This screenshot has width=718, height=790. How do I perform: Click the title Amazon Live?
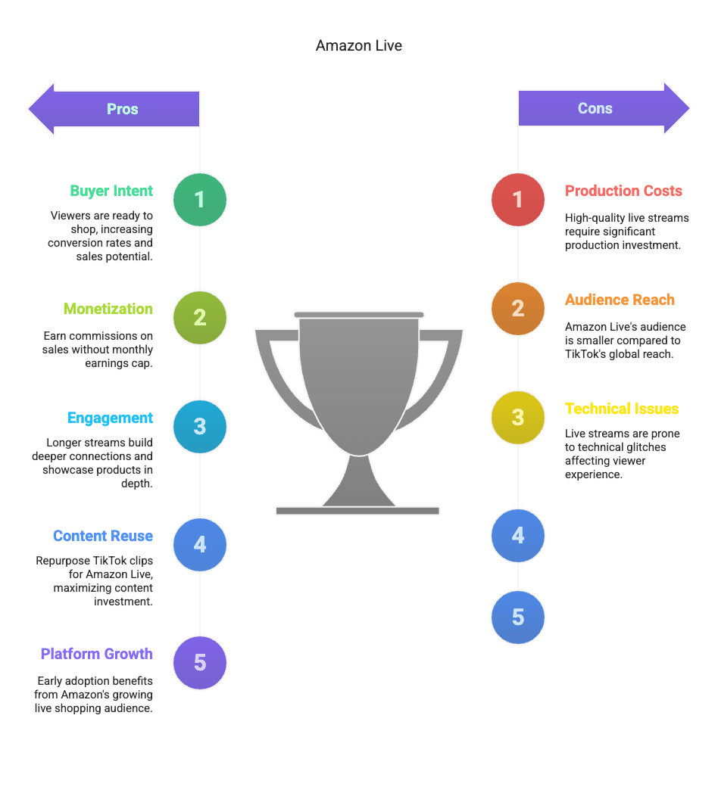359,45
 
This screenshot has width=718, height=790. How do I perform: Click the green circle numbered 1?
200,199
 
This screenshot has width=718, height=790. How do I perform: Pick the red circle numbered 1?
518,199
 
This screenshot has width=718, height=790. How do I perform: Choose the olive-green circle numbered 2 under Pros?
200,317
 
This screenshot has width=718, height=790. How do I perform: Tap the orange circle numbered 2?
518,308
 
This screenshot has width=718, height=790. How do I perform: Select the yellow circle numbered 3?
518,417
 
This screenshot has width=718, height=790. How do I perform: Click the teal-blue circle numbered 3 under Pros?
200,426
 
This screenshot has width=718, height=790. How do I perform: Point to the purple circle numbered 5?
200,663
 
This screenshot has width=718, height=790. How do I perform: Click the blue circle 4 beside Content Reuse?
200,544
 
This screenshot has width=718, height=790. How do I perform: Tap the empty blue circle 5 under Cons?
518,617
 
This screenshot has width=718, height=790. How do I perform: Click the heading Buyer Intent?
111,191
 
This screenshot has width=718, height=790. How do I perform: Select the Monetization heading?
108,309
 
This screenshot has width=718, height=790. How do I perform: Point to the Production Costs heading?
623,191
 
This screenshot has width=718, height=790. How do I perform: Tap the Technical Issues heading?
622,409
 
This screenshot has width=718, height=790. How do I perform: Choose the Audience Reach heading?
620,300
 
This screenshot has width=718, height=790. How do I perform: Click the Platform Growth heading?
96,654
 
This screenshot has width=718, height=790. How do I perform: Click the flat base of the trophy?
357,511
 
